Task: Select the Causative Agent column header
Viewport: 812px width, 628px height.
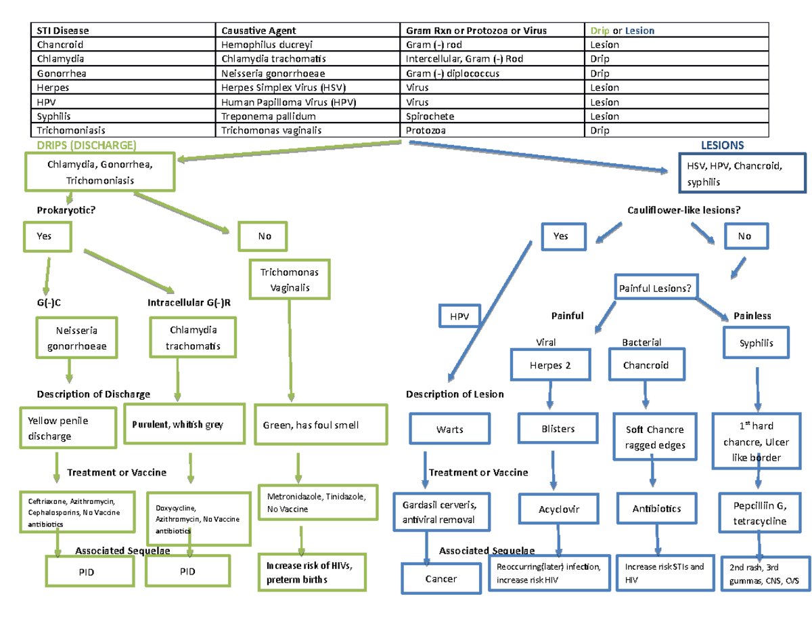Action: (x=258, y=30)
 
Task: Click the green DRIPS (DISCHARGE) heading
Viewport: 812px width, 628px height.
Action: (x=86, y=145)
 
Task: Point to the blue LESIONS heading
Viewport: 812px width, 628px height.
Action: (x=722, y=145)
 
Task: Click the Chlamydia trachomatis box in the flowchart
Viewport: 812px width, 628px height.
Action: (x=185, y=338)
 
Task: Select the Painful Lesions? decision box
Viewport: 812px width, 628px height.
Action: (x=655, y=289)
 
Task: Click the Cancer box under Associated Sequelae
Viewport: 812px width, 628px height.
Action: (x=441, y=579)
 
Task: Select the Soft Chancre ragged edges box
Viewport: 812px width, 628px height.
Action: (x=654, y=437)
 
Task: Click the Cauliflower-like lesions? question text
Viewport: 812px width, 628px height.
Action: (x=684, y=210)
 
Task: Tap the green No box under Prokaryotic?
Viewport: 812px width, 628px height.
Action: (x=265, y=236)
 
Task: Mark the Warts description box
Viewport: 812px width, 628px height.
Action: (x=449, y=430)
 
